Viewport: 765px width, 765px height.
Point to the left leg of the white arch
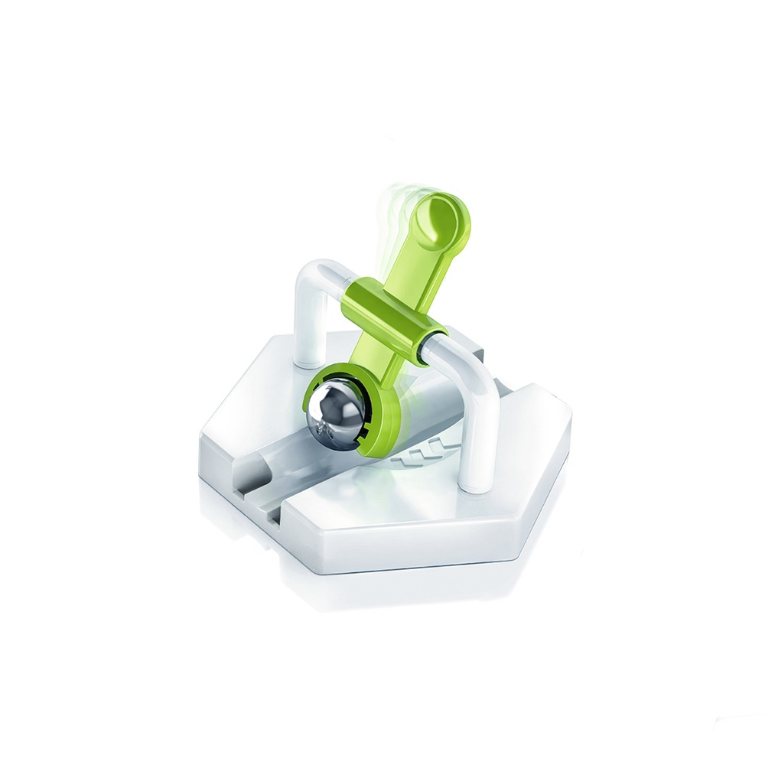point(308,321)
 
